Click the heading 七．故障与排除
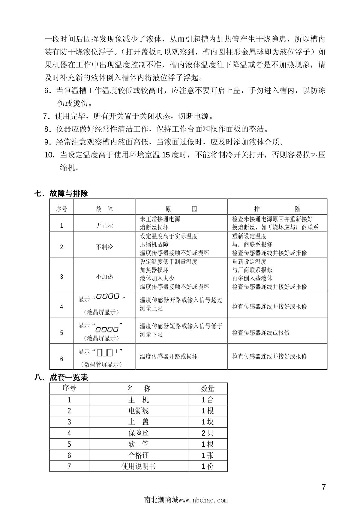[61, 193]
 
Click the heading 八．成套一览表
[61, 377]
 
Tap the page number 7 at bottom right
[324, 487]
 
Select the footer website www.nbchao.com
[203, 500]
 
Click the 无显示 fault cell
[104, 226]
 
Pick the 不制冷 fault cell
[104, 247]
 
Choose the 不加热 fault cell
[104, 277]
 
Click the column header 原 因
[181, 209]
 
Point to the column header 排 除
[277, 209]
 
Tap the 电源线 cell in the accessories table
[139, 411]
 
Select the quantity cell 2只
[208, 433]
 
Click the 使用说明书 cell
[139, 466]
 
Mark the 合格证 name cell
[139, 455]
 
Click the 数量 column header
[208, 388]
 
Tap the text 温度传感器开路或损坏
[169, 356]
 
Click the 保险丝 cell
[139, 433]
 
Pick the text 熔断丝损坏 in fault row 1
[154, 227]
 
